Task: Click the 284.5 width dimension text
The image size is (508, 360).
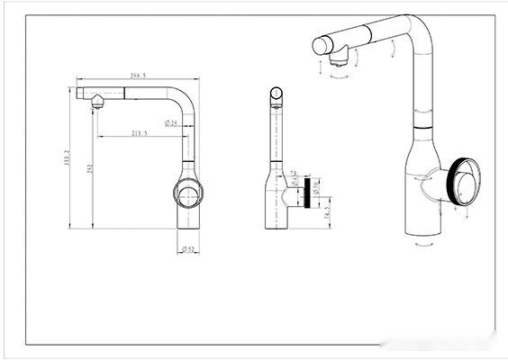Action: pyautogui.click(x=138, y=76)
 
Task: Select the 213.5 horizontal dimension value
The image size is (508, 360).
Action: pyautogui.click(x=140, y=133)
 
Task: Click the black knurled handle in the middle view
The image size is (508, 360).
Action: pyautogui.click(x=313, y=192)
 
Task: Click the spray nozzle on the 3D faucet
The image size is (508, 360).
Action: pyautogui.click(x=335, y=60)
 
